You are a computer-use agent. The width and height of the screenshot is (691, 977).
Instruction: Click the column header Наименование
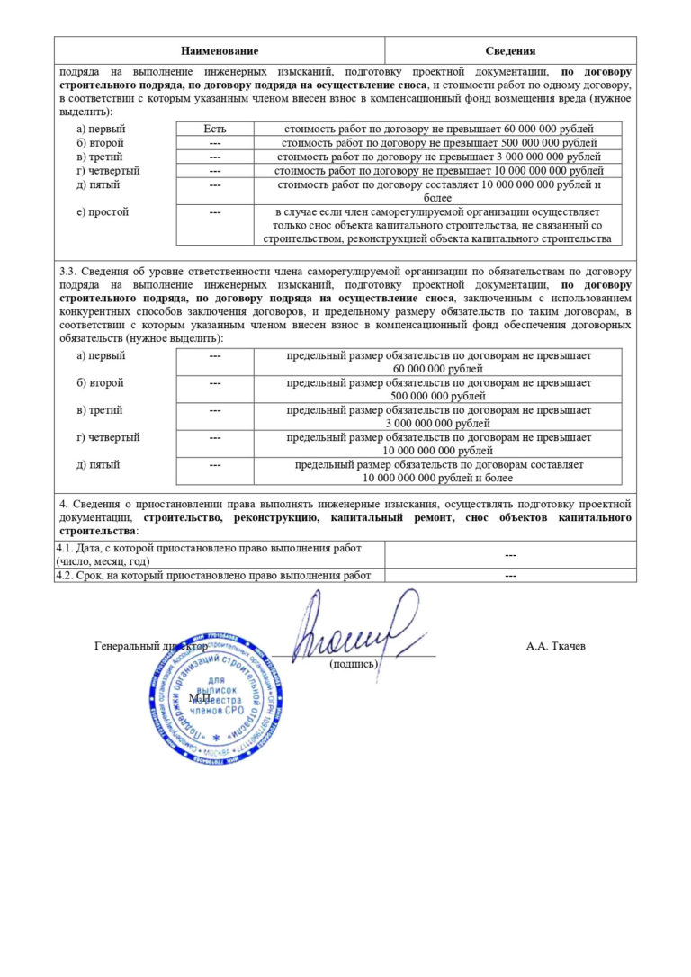219,51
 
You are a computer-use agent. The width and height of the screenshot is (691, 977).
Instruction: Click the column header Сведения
510,51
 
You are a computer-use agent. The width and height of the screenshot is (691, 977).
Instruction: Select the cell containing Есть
215,129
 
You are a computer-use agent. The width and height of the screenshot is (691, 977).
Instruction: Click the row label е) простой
103,212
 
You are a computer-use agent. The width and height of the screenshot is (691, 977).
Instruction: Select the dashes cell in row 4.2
510,575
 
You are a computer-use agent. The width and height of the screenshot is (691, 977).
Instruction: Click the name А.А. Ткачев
555,646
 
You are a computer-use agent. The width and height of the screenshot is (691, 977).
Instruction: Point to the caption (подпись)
354,664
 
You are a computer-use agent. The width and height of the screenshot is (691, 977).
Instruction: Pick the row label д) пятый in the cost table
99,184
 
